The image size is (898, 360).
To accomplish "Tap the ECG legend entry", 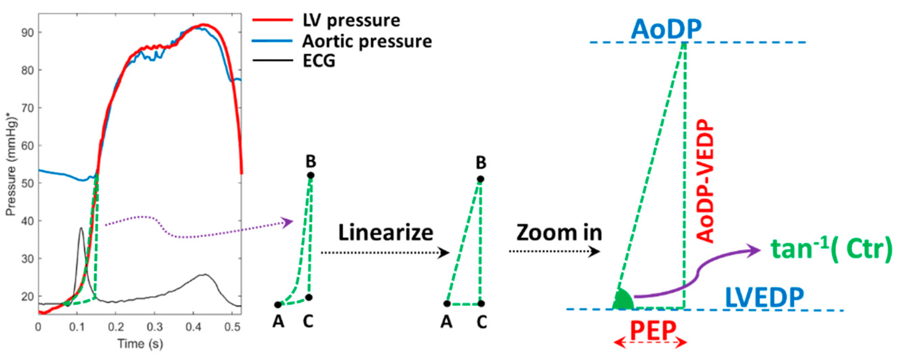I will click(x=318, y=61).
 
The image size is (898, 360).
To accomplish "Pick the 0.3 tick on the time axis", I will click(x=155, y=327).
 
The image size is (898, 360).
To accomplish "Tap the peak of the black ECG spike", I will click(x=81, y=228).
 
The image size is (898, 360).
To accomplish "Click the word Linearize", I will click(x=386, y=232).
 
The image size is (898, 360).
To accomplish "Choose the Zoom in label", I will click(x=559, y=232).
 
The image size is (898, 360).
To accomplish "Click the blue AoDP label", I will click(x=666, y=30).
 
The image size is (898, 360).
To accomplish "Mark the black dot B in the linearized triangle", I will click(x=481, y=179).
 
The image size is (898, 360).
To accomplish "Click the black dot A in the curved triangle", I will click(x=278, y=305).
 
